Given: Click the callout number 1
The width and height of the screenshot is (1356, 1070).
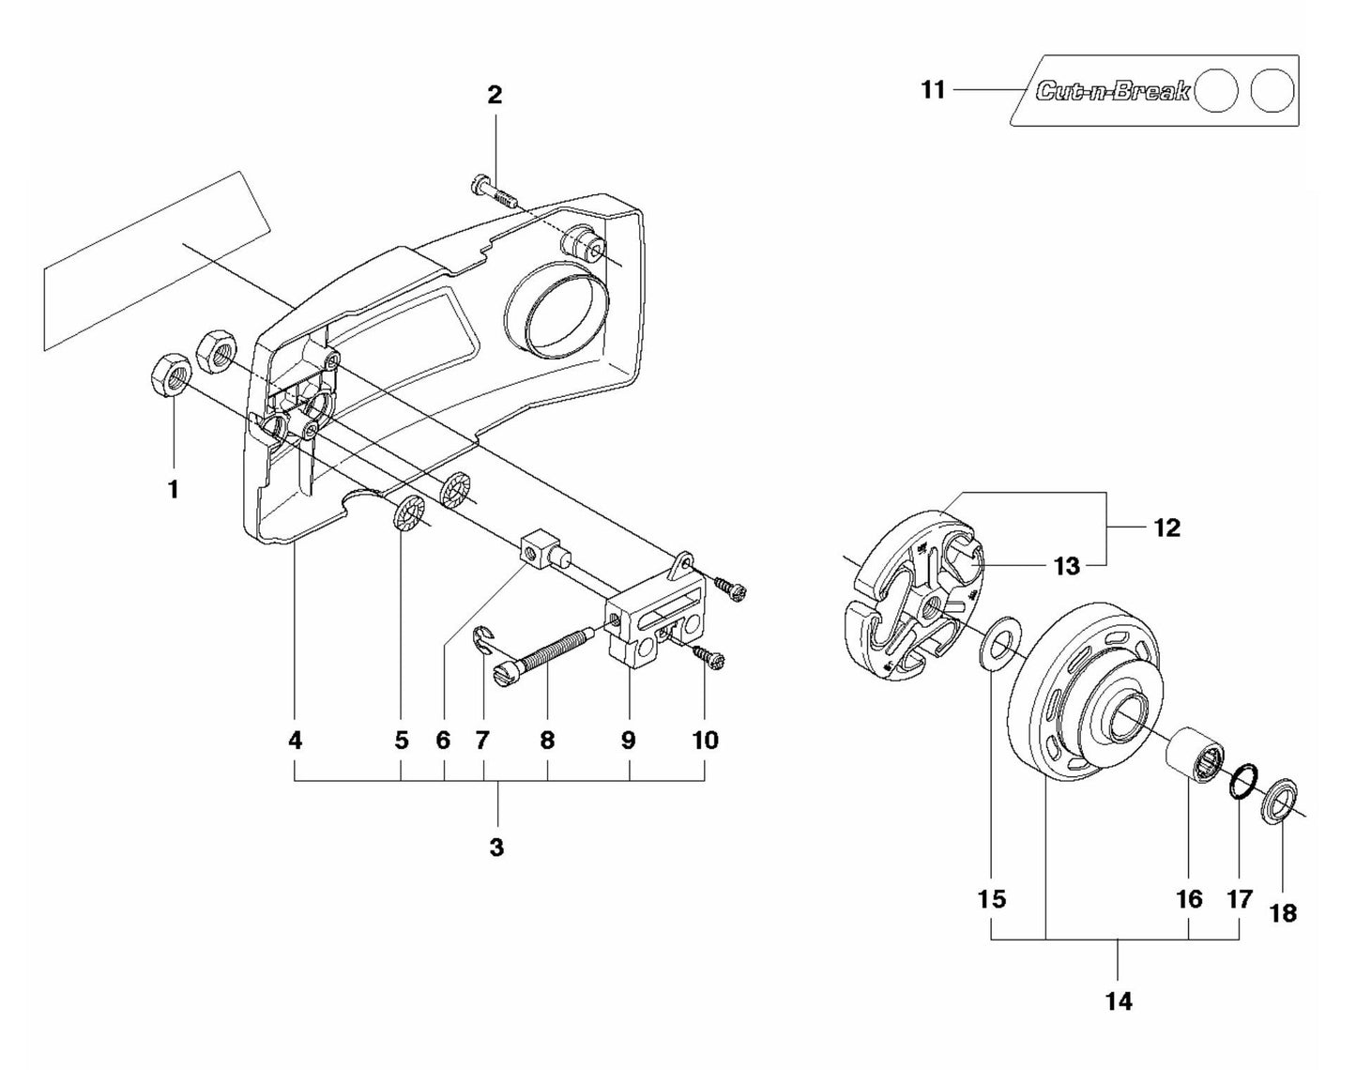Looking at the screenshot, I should point(173,489).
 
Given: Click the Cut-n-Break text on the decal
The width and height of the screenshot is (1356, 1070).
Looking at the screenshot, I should point(1112,91).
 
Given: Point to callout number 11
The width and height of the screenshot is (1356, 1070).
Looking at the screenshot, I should point(933,91).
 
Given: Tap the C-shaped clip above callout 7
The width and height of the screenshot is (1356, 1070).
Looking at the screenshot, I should point(484,641).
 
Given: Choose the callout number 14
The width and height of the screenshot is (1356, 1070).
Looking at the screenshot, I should point(1119,1001).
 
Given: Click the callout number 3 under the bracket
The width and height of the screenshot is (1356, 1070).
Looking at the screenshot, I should point(496,847).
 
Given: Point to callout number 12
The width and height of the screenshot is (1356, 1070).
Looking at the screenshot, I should point(1166,527).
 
